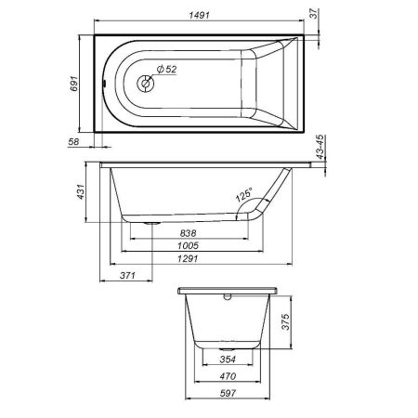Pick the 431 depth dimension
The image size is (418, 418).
(81, 192)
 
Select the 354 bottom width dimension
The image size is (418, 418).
(228, 359)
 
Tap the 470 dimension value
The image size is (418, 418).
(228, 376)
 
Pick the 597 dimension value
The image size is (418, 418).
(228, 394)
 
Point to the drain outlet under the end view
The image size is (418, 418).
(228, 344)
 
